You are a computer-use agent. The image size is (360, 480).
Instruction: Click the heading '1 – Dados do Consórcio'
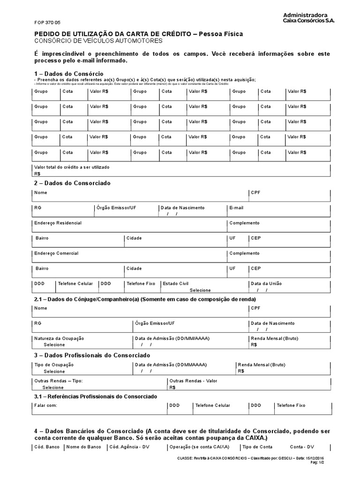coord(68,74)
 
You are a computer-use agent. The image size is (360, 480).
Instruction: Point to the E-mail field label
coord(236,208)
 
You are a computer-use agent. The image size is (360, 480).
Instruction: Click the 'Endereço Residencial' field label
coord(58,223)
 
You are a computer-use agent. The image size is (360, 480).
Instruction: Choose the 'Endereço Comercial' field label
coord(56,254)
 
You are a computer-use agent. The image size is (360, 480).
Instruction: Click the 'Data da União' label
coord(266,284)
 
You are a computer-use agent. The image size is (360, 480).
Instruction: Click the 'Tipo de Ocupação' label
coord(54,365)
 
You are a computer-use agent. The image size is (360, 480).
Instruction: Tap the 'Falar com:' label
coord(45,405)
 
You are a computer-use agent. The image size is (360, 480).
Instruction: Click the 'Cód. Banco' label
coord(47,447)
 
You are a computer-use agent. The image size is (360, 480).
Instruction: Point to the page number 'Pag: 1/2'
coord(322,462)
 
